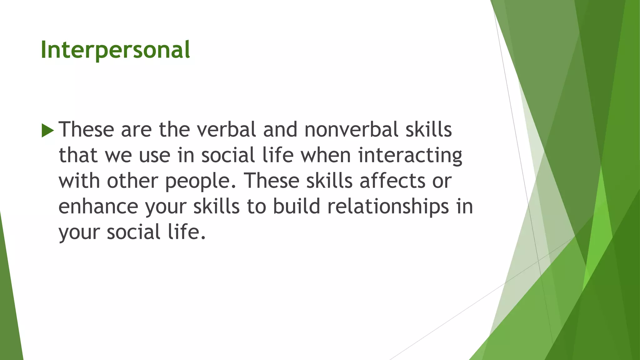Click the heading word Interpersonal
coord(115,50)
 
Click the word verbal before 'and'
coord(226,129)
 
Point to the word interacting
coord(410,156)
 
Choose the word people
coord(200,181)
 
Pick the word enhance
coord(98,207)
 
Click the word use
coord(154,156)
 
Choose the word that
coord(78,155)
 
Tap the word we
coord(118,156)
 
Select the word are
coord(136,130)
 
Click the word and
coord(280,129)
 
